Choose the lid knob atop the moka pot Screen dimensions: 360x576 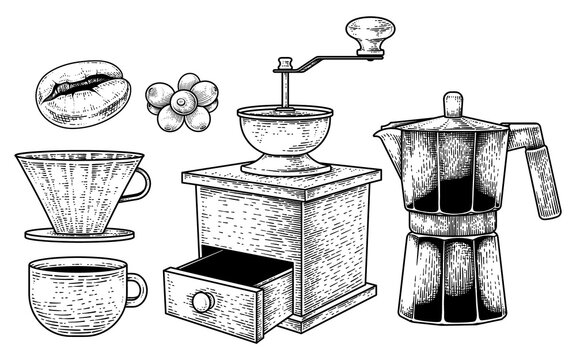coord(452,104)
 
